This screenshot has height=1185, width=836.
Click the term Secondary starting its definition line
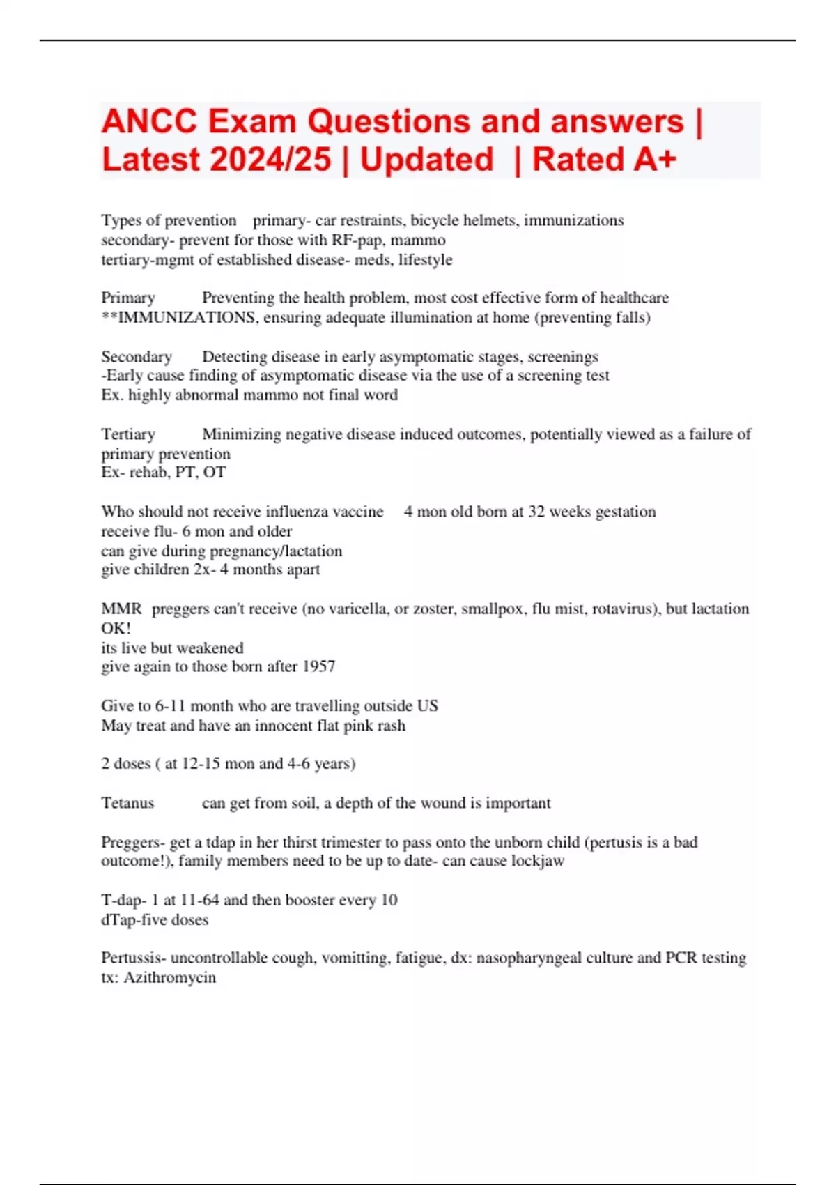(x=137, y=357)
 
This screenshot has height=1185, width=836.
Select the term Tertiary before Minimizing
(x=128, y=434)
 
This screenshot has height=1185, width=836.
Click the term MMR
(x=121, y=609)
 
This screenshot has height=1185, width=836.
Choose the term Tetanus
(x=127, y=803)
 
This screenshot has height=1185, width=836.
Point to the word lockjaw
(x=538, y=861)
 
